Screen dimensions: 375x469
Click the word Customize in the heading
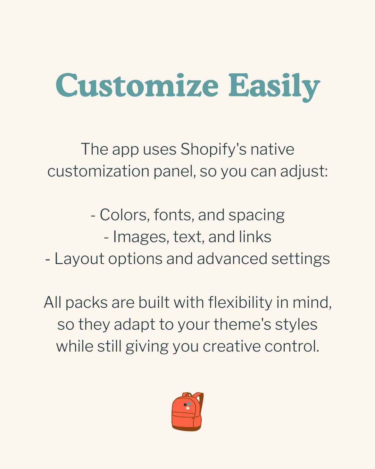click(137, 85)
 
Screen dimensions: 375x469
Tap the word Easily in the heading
click(274, 87)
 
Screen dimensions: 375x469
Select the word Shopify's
click(214, 150)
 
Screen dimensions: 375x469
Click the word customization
click(98, 171)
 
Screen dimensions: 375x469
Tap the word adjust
click(304, 172)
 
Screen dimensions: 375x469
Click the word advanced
click(232, 259)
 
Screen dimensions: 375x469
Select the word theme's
click(242, 324)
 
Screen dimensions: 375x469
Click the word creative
click(232, 346)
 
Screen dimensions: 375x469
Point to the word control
click(292, 346)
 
